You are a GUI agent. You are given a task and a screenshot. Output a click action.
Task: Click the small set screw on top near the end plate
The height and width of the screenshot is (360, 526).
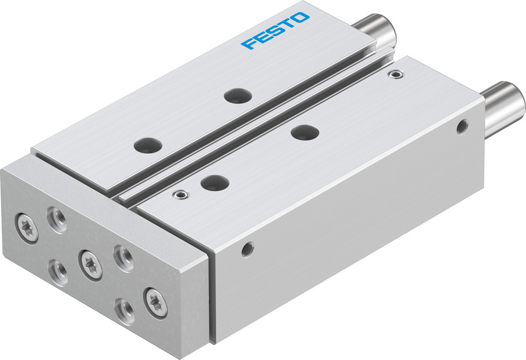tap(181, 195)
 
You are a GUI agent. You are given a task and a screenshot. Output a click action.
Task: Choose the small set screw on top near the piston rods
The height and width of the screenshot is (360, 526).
tap(393, 74)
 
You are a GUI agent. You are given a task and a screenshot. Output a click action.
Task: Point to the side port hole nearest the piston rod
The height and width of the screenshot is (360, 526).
tap(462, 126)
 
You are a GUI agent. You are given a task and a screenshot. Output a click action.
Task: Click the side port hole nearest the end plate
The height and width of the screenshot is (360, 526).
tap(247, 248)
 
